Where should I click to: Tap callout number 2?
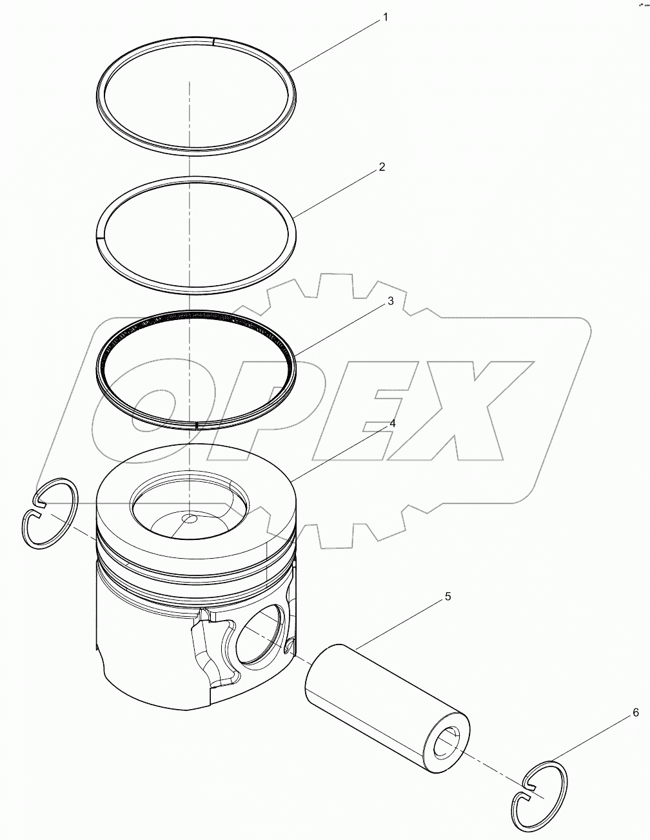382,167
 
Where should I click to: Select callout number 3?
390,301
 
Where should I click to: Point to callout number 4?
392,424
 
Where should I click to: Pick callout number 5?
448,597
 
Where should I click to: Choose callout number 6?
635,713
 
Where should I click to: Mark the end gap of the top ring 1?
213,42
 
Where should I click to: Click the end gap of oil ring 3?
195,425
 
